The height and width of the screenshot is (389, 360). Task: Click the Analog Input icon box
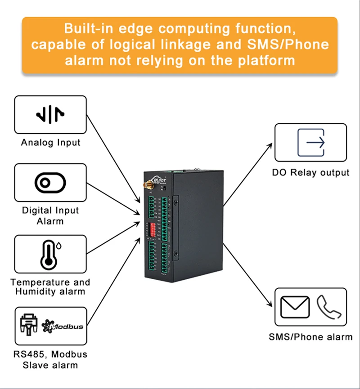coord(50,115)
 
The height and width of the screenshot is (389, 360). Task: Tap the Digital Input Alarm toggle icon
coord(50,183)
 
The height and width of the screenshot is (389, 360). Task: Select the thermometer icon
coord(47,255)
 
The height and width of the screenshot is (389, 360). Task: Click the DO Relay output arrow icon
coord(311,143)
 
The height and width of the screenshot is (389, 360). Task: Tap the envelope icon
coord(295,308)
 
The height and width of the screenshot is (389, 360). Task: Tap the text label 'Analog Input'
coord(50,143)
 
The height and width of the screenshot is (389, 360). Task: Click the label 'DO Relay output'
coord(310,172)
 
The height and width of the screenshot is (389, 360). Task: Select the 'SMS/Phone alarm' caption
coord(310,337)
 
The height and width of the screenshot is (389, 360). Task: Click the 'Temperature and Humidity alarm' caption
coord(50,286)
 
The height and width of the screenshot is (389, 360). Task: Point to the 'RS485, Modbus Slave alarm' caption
coord(50,359)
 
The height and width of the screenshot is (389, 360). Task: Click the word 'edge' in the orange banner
coord(134,29)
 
